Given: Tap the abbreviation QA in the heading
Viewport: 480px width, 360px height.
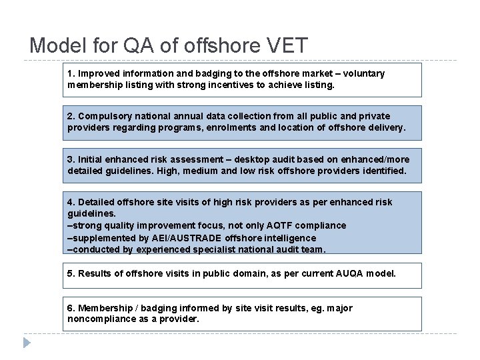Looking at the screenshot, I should pos(141,45).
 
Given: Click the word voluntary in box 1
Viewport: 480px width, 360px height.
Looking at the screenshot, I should pos(363,73).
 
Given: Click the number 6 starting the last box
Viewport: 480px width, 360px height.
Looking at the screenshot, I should pos(71,308).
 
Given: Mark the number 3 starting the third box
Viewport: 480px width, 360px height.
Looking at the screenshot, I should pos(71,159).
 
